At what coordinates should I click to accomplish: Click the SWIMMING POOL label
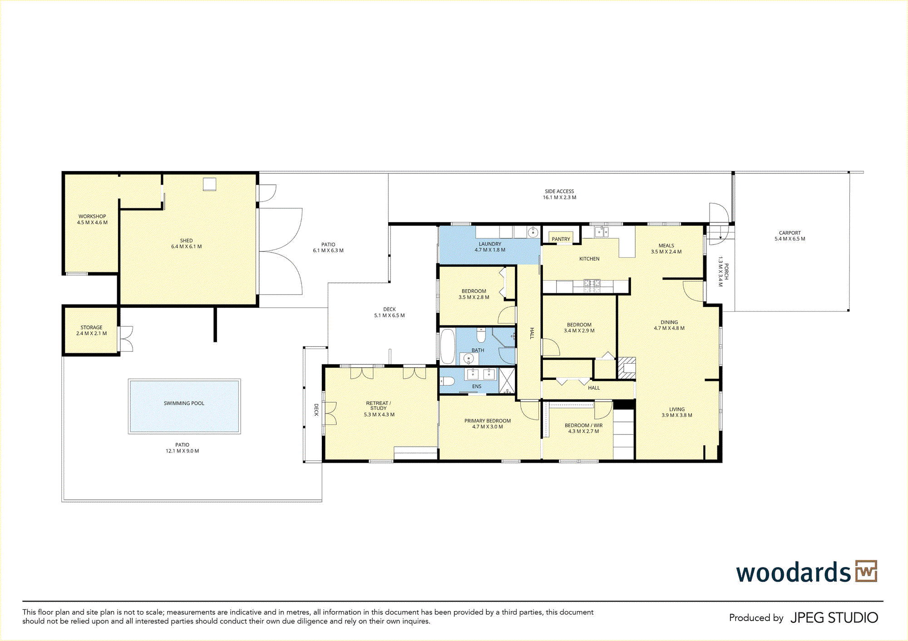coord(184,403)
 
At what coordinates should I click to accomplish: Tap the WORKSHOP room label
coord(92,217)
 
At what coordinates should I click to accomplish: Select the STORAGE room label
coord(91,327)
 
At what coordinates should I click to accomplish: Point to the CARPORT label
coord(790,233)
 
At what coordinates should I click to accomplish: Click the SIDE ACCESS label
coord(559,192)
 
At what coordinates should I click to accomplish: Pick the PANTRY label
coord(561,239)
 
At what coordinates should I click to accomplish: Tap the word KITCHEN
coord(589,259)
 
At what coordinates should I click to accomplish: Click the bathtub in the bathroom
coord(448,346)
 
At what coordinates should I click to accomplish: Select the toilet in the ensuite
coord(448,381)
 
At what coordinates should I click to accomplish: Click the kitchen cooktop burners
coord(592,286)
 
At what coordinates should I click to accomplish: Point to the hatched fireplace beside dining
coord(627,368)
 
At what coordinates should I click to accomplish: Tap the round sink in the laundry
coord(533,233)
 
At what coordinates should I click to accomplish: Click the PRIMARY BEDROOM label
coord(488,421)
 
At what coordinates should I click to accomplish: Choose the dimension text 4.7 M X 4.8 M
coord(669,328)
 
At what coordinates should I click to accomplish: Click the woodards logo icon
coord(866,571)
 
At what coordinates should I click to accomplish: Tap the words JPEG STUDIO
coord(834,618)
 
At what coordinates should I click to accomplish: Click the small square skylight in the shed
coord(209,184)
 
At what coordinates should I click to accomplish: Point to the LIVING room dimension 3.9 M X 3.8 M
coord(677,415)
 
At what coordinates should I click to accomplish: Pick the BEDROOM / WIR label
coord(584,425)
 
